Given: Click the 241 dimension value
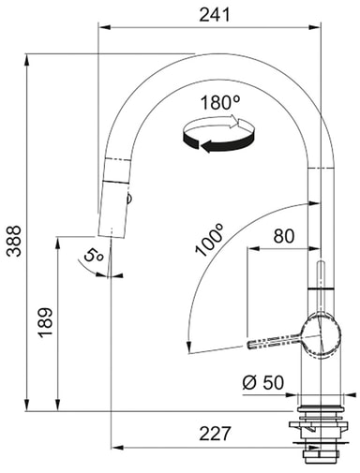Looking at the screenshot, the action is tap(215, 15).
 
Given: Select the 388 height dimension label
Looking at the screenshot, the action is tap(14, 241).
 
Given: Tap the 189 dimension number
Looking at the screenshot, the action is tap(46, 322).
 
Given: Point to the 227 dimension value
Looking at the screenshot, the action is tap(215, 434).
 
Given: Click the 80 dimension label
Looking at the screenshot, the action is tap(284, 236).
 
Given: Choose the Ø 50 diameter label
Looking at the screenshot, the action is tap(263, 382).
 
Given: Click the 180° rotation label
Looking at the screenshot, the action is tap(220, 102).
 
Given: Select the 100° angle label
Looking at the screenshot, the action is tap(209, 240).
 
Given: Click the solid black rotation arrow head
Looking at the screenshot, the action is tap(206, 145).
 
